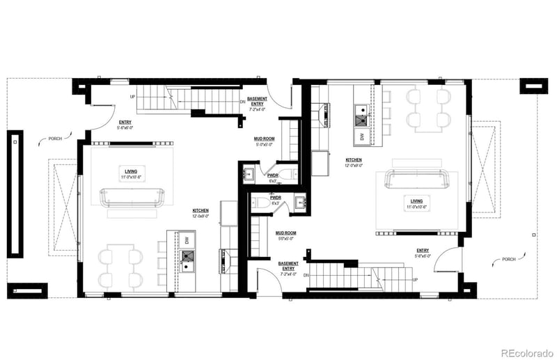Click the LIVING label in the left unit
click(130, 171)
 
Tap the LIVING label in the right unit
click(416, 200)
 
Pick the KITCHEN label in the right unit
click(354, 160)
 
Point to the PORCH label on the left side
click(55, 139)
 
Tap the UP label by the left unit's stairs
click(132, 97)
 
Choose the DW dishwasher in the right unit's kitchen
click(362, 136)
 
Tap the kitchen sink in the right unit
click(361, 113)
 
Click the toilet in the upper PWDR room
click(292, 174)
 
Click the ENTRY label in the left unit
click(125, 122)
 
